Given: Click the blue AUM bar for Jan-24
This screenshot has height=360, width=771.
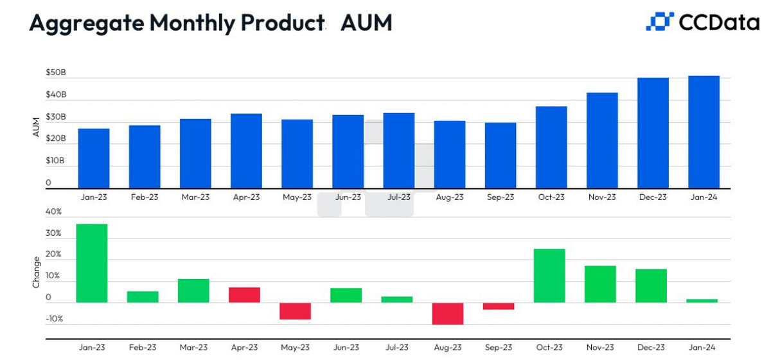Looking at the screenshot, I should [x=704, y=131].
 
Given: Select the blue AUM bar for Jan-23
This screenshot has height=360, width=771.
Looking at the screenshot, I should [x=94, y=157].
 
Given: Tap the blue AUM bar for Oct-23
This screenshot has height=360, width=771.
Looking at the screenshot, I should [x=551, y=147].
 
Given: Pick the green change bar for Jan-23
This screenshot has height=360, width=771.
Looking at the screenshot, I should [x=92, y=263].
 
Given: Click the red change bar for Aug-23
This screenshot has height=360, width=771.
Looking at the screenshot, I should [x=448, y=314].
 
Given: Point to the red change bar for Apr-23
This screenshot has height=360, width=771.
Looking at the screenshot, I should [x=244, y=294].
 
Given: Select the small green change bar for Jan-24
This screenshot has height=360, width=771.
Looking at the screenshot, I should [x=702, y=300].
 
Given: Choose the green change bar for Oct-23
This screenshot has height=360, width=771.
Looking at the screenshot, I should [x=549, y=275].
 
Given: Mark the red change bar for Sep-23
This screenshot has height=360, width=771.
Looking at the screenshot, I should [x=499, y=306].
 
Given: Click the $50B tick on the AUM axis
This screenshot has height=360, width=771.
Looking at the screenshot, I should [x=56, y=73].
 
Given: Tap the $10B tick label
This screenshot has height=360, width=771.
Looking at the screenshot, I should [x=56, y=160].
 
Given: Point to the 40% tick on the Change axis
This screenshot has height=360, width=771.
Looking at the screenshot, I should [x=54, y=212].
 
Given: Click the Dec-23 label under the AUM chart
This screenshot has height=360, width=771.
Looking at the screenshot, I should [x=653, y=197].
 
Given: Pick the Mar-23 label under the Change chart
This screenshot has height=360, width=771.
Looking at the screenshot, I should [x=194, y=348].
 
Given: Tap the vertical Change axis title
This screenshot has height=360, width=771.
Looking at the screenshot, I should [x=36, y=272].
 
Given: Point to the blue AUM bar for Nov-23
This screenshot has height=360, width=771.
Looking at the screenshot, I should [x=602, y=139].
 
